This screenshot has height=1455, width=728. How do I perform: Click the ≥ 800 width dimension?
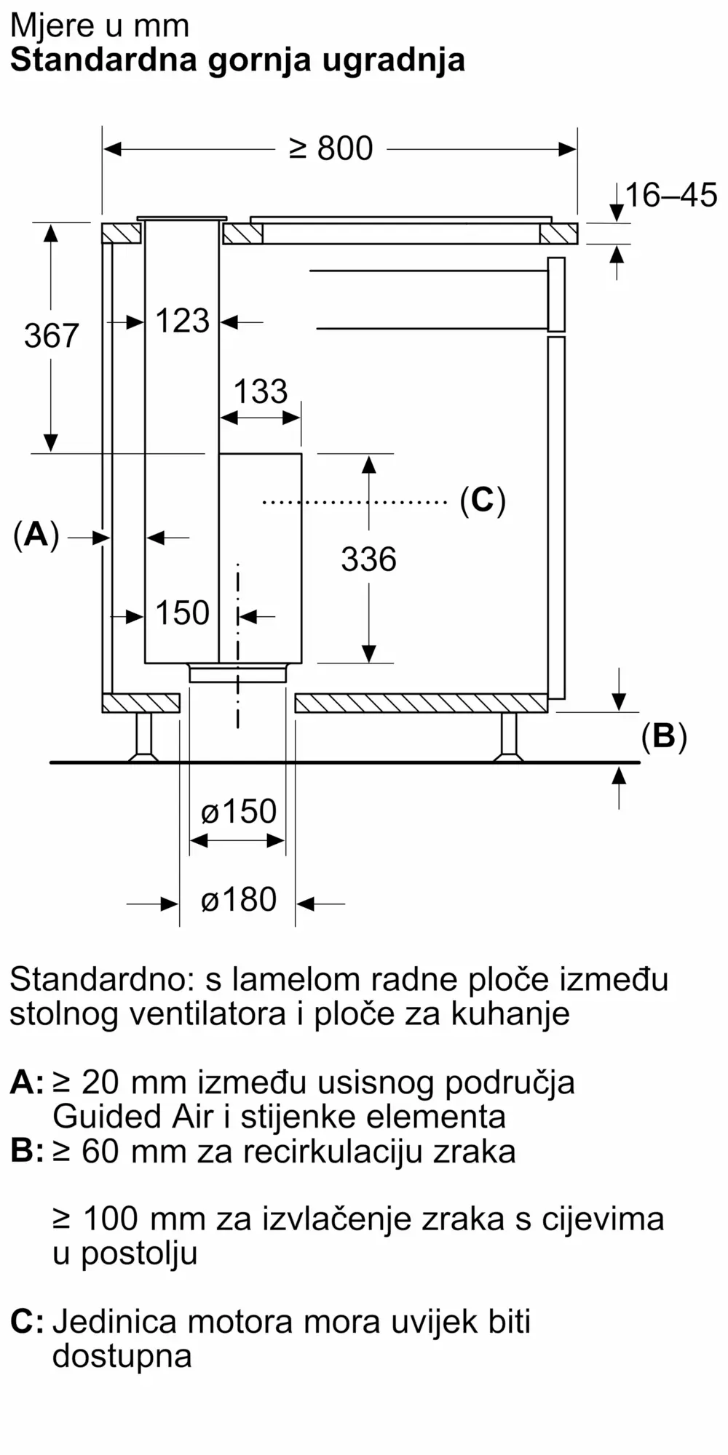331,148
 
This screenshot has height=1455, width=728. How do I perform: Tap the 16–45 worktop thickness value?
671,195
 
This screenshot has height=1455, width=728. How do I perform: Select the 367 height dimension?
51,335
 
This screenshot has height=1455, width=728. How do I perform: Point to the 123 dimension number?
182,321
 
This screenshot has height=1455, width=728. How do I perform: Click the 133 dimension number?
261,391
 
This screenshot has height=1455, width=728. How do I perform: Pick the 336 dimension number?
369,559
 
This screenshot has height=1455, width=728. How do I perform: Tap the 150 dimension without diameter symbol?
182,613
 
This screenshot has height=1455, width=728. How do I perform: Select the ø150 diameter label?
239,811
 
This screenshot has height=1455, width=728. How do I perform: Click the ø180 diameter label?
239,900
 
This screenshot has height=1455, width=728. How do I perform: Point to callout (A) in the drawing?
36,536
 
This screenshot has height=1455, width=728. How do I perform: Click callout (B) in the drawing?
664,737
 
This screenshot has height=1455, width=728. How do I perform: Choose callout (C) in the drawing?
483,501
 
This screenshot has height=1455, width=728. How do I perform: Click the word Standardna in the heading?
103,60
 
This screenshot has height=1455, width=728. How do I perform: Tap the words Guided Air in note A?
135,1116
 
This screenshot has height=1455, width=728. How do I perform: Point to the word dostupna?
122,1356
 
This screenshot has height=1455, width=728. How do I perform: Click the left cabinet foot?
144,737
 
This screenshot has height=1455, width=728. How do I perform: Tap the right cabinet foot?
508,737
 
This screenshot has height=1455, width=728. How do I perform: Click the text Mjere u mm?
100,26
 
